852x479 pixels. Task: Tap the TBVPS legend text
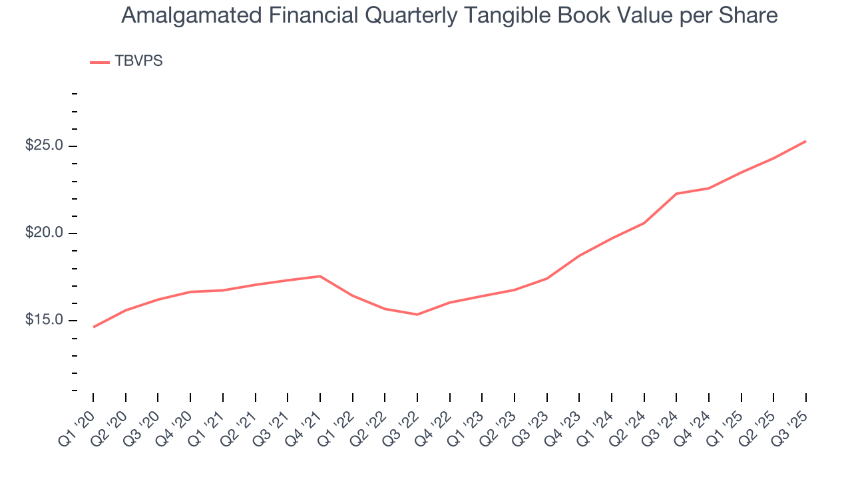[138, 61]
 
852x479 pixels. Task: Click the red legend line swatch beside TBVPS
[100, 62]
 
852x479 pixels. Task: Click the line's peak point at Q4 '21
[320, 276]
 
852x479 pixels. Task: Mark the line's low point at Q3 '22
[417, 315]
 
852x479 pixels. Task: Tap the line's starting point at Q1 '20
[93, 327]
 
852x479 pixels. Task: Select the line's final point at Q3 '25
[806, 141]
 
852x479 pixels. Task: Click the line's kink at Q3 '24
[676, 194]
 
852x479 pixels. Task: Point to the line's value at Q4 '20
[190, 292]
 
